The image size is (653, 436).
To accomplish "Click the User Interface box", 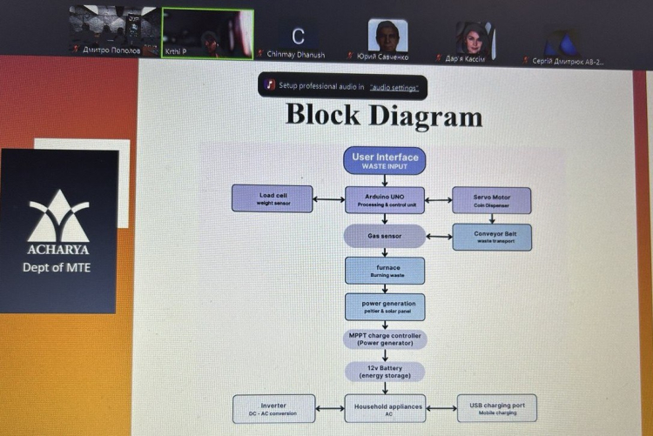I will [385, 160].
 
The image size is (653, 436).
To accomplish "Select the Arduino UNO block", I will [385, 199].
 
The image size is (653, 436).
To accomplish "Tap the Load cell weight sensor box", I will [273, 199].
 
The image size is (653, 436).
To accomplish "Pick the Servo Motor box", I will [492, 200].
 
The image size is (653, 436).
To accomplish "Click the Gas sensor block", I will [384, 236].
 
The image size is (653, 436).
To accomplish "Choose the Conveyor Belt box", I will [492, 237].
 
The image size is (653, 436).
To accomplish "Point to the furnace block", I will [385, 270].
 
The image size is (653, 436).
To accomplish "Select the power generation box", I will [385, 305].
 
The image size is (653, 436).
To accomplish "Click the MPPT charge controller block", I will [385, 339].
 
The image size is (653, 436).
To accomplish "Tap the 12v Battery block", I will [385, 372].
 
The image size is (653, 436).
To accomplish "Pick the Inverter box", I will [273, 408].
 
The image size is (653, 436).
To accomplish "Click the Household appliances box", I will [384, 408].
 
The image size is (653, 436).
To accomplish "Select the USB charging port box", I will [496, 408].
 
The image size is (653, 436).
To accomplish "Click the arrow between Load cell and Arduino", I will [328, 199].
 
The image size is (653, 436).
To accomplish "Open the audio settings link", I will [400, 86].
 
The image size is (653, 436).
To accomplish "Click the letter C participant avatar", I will [298, 37].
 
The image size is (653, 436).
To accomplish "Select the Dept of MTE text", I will [57, 267].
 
